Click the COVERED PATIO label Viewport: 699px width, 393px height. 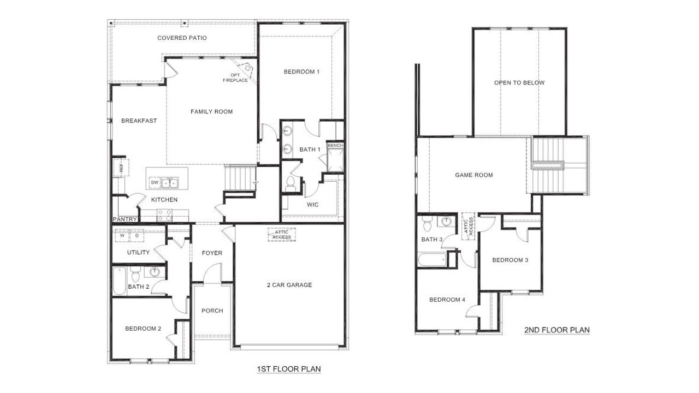point(182,38)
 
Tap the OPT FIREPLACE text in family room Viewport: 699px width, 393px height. point(235,78)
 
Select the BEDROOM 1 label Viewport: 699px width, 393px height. point(301,72)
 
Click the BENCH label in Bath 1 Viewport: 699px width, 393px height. point(334,146)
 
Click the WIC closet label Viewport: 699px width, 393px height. point(313,205)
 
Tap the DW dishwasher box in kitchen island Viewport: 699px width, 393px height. point(155,182)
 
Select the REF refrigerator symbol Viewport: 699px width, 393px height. point(121,168)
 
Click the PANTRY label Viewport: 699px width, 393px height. point(124,219)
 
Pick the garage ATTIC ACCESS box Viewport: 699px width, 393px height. point(282,235)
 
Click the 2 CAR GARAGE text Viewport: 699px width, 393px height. point(289,285)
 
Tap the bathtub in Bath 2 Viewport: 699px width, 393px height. point(119,282)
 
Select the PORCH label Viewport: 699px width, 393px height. point(212,311)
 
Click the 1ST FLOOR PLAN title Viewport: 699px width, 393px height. point(288,370)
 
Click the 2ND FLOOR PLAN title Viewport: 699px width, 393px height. point(556,330)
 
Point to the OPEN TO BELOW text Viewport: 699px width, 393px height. point(519,83)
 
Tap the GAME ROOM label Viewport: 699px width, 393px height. point(473,175)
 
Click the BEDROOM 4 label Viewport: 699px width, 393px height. point(447,300)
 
